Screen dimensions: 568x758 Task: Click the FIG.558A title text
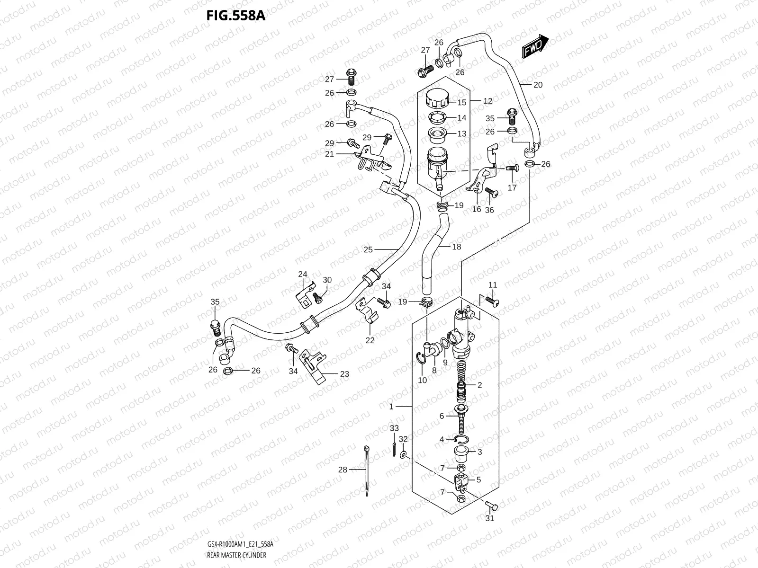pos(235,16)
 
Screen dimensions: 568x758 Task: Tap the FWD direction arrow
pos(535,46)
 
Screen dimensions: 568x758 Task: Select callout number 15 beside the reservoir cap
pos(462,102)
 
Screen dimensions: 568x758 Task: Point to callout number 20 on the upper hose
pos(538,85)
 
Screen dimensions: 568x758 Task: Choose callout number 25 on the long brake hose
pos(368,249)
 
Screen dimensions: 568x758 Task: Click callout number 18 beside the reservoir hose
pos(456,247)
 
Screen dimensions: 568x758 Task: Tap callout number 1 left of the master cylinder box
pos(391,407)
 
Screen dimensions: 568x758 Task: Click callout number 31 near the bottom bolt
pos(490,518)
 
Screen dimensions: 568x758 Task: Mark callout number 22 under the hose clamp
pos(370,340)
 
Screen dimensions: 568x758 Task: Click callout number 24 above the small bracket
pos(303,274)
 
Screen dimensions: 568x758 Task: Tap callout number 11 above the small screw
pos(493,285)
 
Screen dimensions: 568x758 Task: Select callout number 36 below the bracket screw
pos(489,210)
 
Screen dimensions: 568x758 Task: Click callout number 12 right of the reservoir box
pos(487,101)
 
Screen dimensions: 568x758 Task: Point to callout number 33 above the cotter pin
pos(394,428)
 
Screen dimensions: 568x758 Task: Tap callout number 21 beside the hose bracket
pos(343,154)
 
